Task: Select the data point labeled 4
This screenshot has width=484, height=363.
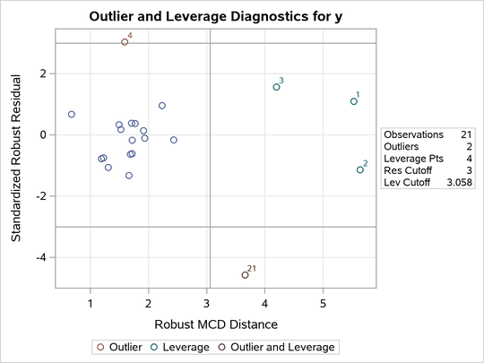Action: tap(125, 42)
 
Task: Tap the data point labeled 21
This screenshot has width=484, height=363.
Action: tap(246, 275)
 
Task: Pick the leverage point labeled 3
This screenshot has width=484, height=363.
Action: tap(276, 87)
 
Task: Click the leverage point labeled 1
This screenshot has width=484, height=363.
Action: tap(354, 101)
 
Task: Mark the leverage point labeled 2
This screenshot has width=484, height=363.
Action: tap(360, 169)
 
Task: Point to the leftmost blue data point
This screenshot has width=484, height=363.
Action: tap(72, 115)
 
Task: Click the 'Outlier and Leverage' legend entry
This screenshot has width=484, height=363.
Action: tap(283, 346)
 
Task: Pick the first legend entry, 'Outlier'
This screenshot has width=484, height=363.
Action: tap(126, 346)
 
